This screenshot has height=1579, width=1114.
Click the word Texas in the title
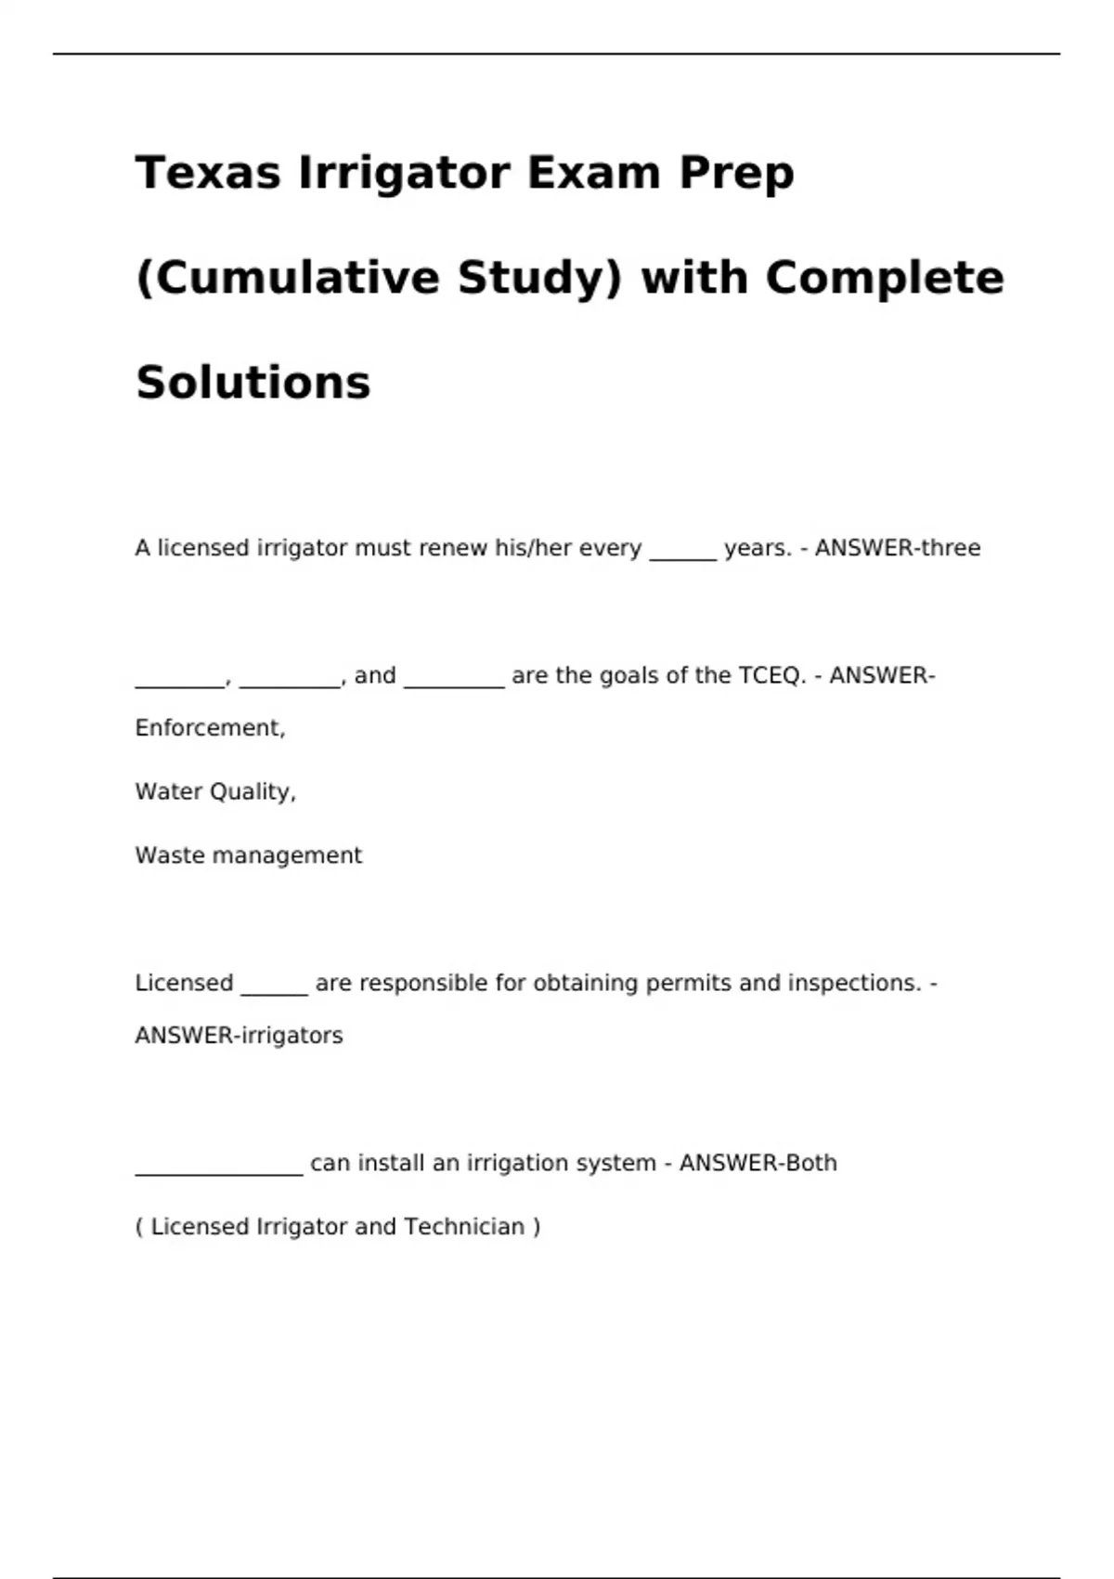tap(207, 173)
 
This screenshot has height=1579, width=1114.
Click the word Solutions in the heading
tap(253, 383)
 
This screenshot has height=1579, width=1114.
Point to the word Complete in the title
tap(884, 278)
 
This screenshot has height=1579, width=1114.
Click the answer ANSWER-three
tap(897, 548)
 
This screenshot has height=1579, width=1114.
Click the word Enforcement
tap(209, 727)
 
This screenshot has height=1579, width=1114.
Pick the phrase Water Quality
tap(214, 791)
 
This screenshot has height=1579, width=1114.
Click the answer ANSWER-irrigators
tap(239, 1036)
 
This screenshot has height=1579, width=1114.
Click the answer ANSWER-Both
tap(758, 1163)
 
